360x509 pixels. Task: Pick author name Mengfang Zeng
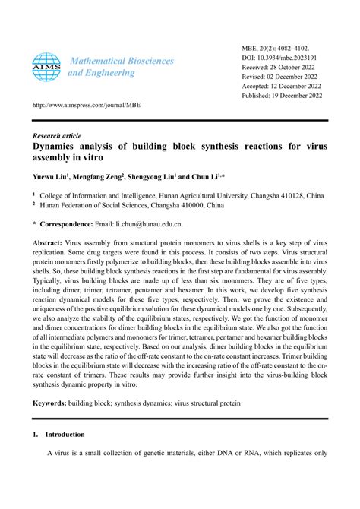(106, 175)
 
